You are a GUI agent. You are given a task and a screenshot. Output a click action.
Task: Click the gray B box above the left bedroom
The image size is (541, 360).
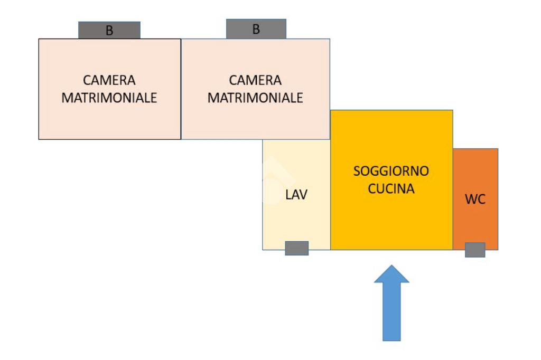coord(109,30)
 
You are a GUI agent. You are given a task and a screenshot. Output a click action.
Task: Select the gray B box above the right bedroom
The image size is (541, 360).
coord(256,29)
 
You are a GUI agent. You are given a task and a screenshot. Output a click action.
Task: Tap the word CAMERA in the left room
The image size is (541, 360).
coord(109,80)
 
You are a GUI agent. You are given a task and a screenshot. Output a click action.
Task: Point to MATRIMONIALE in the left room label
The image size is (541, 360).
coord(109,98)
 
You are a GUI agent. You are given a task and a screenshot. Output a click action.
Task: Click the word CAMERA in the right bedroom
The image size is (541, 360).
coord(255,80)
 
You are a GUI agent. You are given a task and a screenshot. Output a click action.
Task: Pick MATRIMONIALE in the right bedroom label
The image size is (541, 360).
coord(255,98)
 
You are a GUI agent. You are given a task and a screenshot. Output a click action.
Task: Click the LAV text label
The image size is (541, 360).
coord(296,195)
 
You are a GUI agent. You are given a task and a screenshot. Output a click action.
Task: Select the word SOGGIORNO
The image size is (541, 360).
coord(391,171)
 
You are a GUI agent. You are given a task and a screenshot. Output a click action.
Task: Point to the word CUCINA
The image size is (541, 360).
coord(391,189)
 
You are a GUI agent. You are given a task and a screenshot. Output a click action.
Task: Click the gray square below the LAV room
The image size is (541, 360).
coord(296,248)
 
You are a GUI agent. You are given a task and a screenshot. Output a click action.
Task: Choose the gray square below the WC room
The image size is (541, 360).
coord(475,250)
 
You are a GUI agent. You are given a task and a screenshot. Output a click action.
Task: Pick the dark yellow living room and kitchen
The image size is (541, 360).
coord(391,222)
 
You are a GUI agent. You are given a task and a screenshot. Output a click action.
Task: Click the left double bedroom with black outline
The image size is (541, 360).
coord(109,121)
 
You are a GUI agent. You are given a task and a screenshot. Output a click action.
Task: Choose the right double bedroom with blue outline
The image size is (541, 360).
coord(255,121)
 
